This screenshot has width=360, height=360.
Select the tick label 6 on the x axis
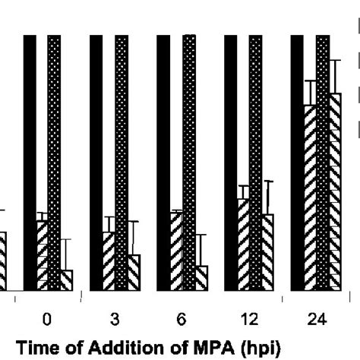click(179, 320)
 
